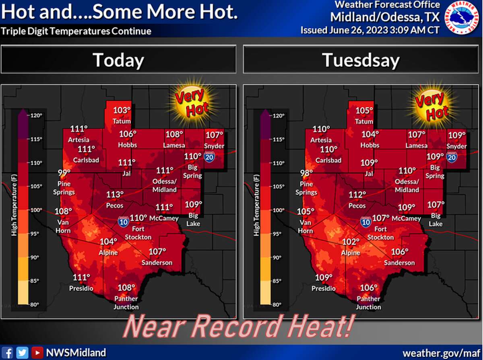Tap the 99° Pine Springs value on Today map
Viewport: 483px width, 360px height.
(x=64, y=173)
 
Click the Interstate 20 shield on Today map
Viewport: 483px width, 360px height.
(x=209, y=157)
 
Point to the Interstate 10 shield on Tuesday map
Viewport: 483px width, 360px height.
(x=365, y=221)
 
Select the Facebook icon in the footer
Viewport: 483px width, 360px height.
(x=8, y=353)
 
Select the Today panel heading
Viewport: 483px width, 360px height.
(x=118, y=60)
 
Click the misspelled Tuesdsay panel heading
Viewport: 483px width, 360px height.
(x=361, y=60)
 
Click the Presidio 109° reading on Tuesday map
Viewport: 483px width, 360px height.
(x=324, y=278)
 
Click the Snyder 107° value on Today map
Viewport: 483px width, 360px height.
(x=215, y=135)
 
